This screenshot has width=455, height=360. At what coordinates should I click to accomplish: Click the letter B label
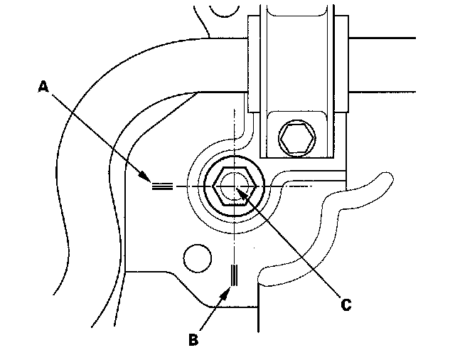click(x=193, y=339)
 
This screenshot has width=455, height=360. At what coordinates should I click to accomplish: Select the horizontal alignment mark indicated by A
click(x=162, y=187)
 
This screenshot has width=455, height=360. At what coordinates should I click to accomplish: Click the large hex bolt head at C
click(x=232, y=186)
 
